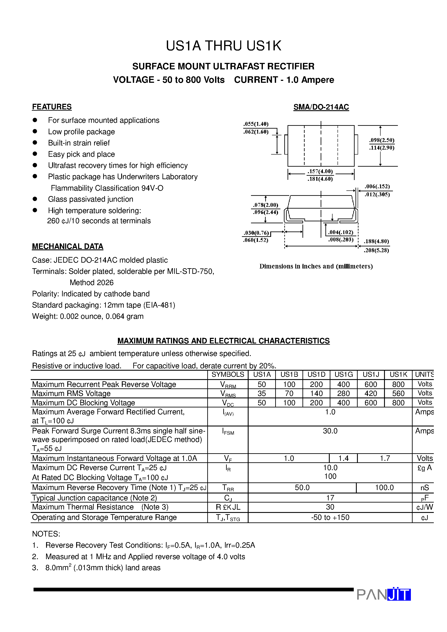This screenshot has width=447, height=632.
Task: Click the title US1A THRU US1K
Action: (x=223, y=46)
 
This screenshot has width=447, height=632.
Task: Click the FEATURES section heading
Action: (x=52, y=107)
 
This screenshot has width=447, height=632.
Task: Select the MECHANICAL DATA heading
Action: (x=68, y=246)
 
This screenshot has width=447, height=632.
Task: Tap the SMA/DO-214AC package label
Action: (x=321, y=107)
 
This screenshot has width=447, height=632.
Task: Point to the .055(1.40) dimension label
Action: (x=256, y=124)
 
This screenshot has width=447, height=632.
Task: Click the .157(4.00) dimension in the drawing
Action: (x=320, y=171)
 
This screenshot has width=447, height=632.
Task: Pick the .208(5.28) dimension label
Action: (x=376, y=250)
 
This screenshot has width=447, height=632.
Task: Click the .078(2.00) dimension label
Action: (x=265, y=205)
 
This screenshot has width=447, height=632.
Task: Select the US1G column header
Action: (x=343, y=375)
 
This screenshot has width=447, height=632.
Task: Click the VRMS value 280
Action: (x=343, y=393)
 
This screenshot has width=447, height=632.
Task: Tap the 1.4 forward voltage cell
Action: (x=343, y=458)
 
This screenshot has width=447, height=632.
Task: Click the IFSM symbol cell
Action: (x=228, y=432)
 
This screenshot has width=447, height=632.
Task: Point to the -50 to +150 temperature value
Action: (x=330, y=517)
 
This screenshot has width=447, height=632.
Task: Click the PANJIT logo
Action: (x=384, y=594)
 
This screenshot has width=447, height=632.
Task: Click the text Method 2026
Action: (x=92, y=283)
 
